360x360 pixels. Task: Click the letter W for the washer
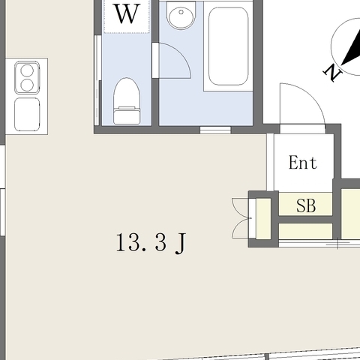point(127,13)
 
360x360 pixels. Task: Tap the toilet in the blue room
point(127,100)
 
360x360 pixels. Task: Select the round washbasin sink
point(181,16)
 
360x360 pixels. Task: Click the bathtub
point(228,46)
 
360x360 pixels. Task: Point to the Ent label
point(303,163)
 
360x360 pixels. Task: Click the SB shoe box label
point(306,205)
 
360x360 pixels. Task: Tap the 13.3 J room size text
point(151,243)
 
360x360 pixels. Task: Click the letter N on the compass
point(332,73)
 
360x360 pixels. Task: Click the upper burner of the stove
point(27,71)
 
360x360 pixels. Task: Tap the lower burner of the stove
point(27,85)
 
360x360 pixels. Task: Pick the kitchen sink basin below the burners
point(27,114)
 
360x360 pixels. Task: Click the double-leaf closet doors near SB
point(241,218)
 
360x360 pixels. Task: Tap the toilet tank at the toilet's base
point(127,116)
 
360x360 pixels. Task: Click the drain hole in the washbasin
point(181,12)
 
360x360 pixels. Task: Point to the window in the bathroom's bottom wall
point(215,130)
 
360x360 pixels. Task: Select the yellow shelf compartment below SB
point(305,231)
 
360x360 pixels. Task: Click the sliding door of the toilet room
point(97,80)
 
